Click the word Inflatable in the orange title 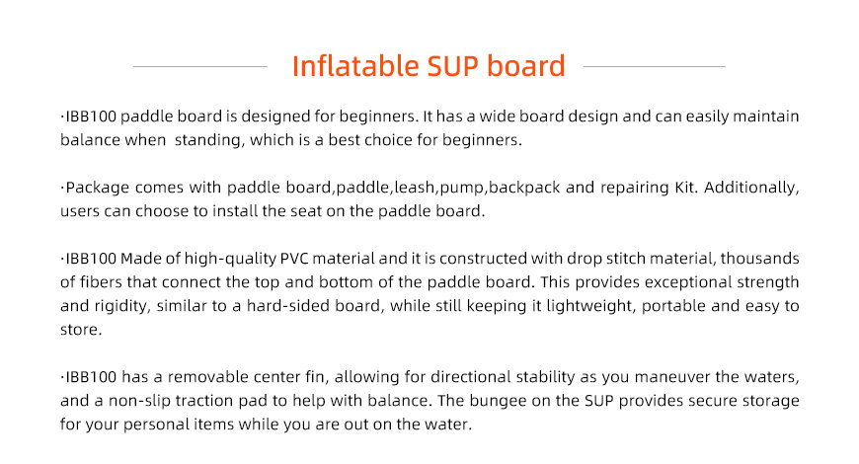355,66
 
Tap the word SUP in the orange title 453,66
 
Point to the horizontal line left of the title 200,66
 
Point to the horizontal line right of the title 655,66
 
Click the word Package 98,188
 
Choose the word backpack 524,188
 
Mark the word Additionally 750,188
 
